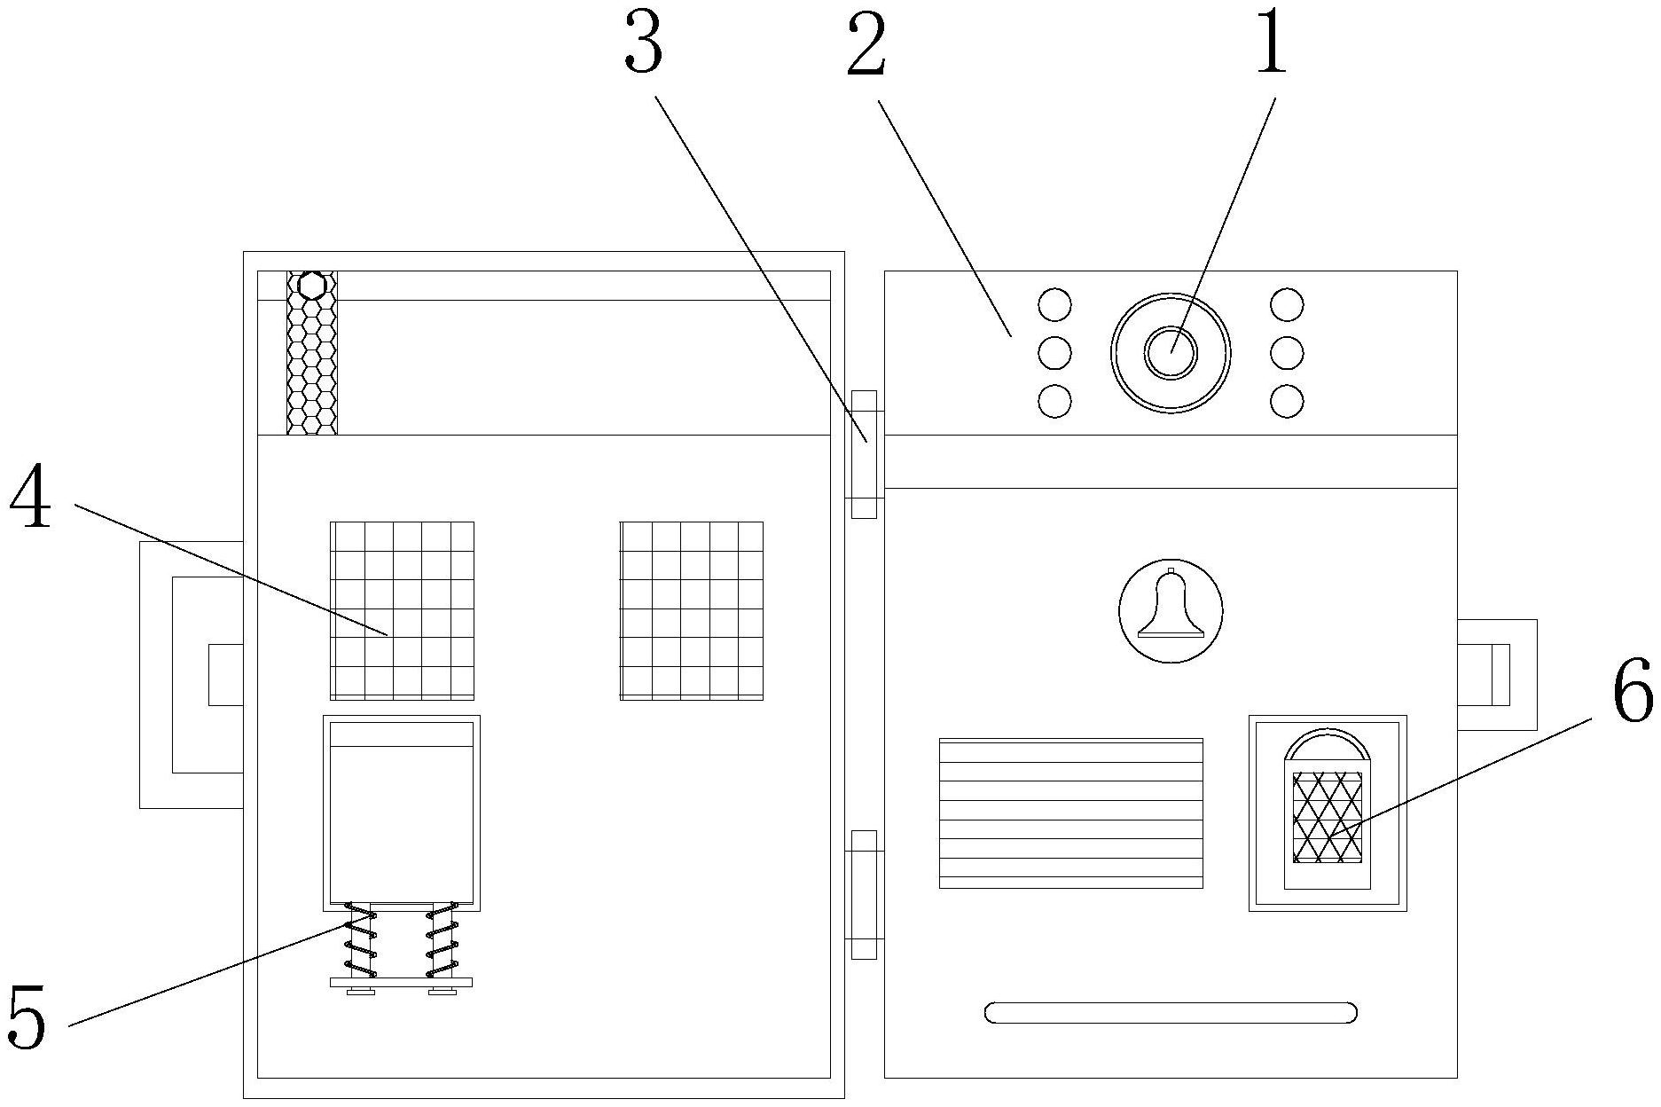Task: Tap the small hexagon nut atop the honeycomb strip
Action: [311, 286]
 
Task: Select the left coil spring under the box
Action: [360, 939]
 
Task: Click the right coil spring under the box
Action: [442, 939]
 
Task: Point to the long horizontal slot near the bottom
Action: [1171, 1012]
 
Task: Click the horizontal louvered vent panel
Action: [1071, 813]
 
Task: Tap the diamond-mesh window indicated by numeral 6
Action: [1328, 817]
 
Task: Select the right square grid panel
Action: [692, 610]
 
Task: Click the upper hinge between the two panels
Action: [864, 454]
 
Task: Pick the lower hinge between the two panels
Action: [864, 894]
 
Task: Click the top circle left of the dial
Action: [1054, 305]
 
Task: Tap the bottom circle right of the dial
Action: [1287, 401]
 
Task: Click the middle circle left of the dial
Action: [1054, 353]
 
